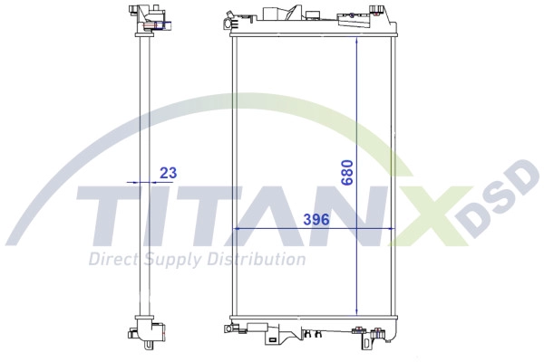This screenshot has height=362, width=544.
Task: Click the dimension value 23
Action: point(169,172)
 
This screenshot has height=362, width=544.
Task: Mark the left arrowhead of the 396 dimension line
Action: point(238,229)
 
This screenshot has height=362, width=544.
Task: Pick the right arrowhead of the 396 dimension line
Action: point(391,229)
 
